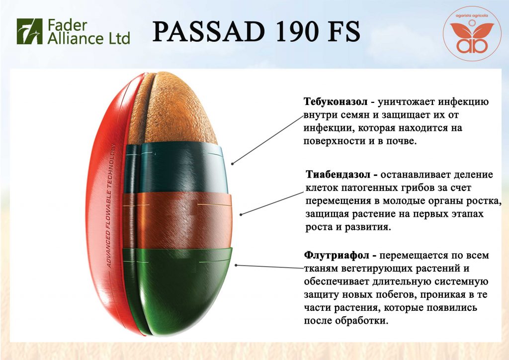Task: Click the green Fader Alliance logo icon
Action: [29, 31]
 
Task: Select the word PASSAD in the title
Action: [209, 32]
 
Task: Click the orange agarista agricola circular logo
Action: [472, 33]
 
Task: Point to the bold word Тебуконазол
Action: [336, 101]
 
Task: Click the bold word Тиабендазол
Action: [338, 175]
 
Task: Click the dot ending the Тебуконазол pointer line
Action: [233, 164]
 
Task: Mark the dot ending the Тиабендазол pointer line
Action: [241, 214]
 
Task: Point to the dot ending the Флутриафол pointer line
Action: [236, 265]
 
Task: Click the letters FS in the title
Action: [346, 32]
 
